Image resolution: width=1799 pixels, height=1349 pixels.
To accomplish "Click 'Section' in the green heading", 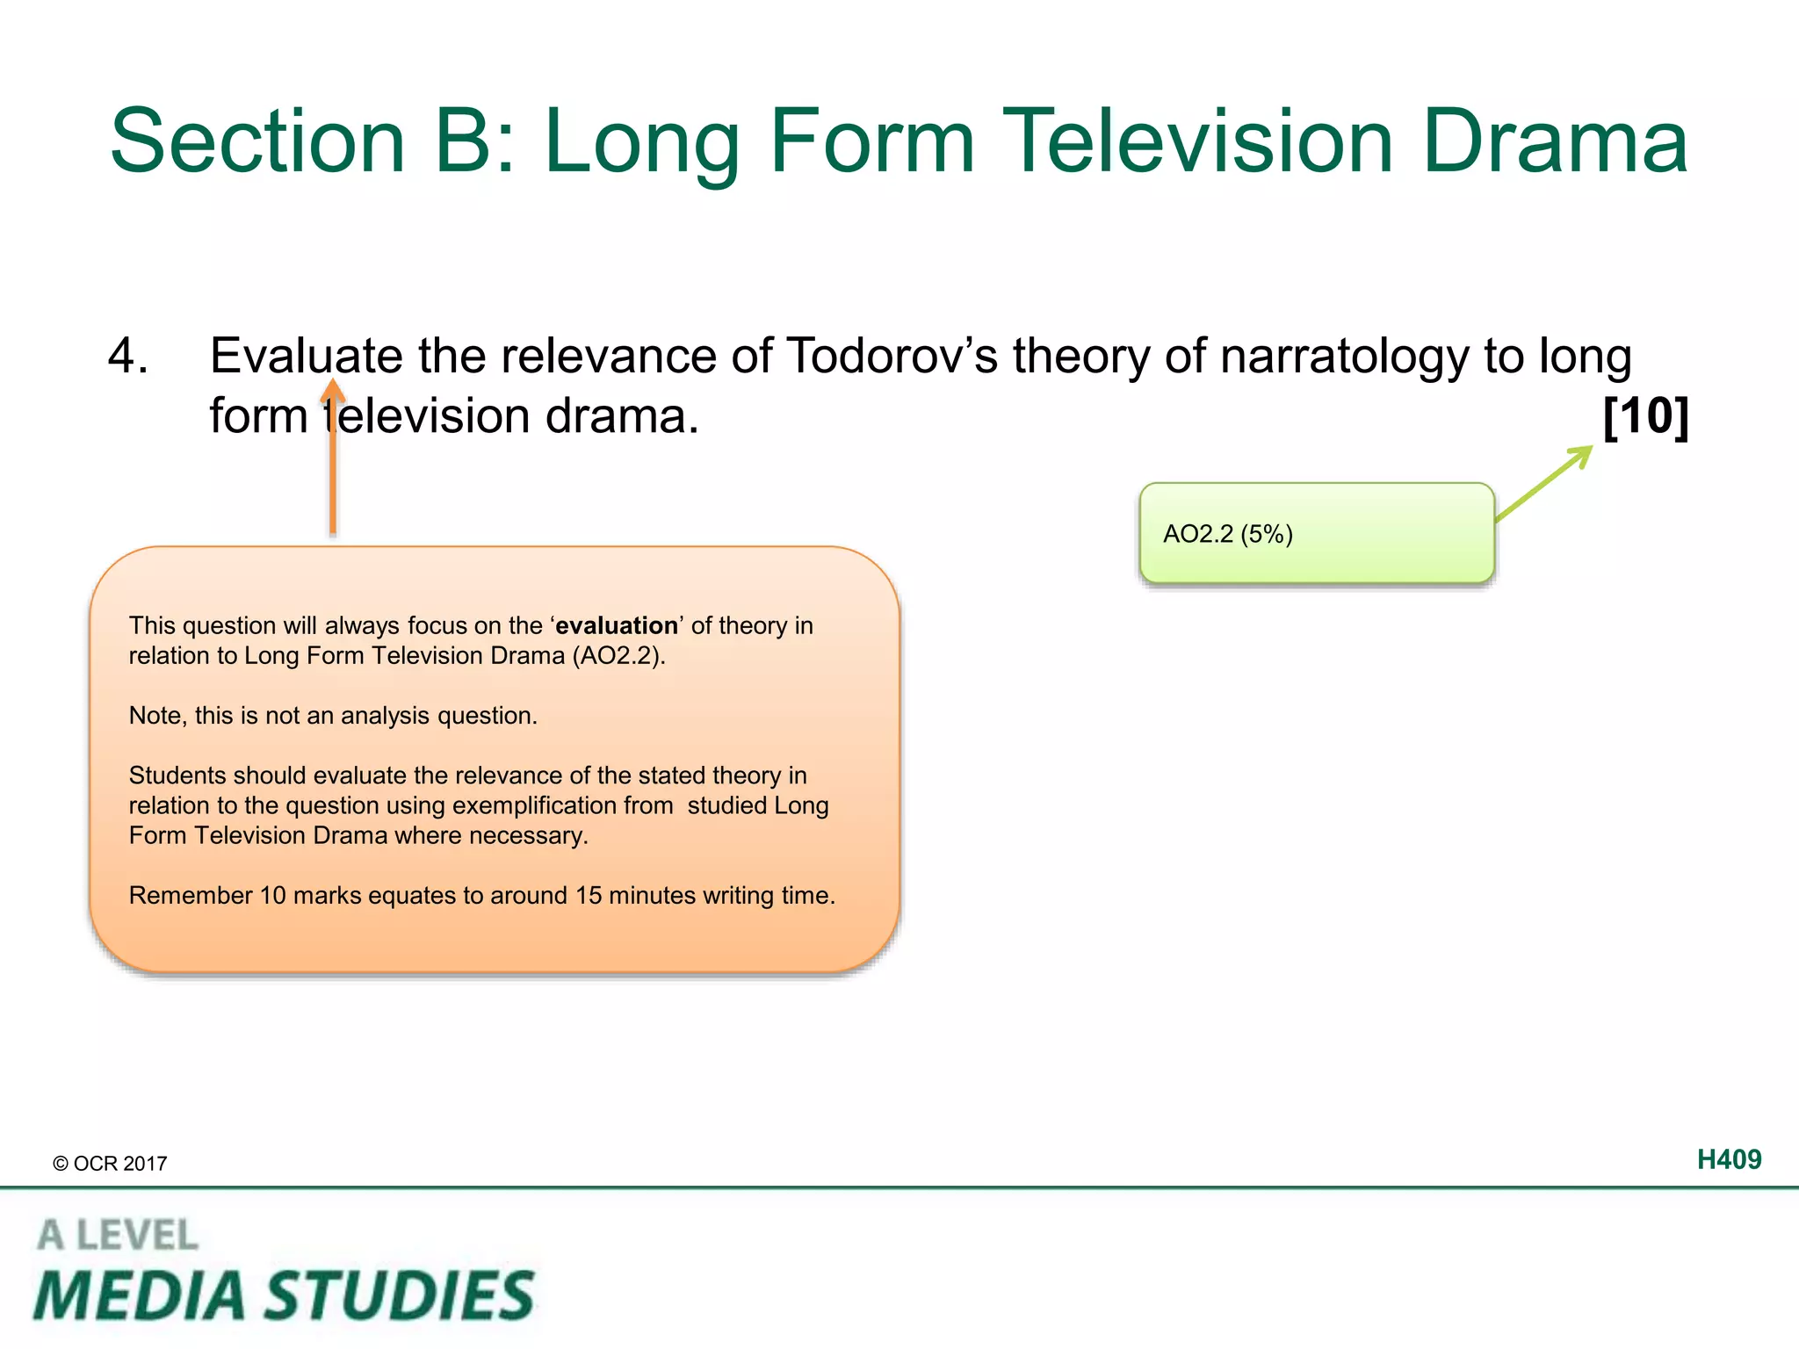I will point(257,142).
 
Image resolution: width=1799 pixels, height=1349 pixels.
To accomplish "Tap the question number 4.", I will point(127,357).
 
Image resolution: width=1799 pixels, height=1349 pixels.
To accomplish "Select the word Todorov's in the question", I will point(891,357).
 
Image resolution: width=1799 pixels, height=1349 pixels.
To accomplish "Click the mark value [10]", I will point(1645,416).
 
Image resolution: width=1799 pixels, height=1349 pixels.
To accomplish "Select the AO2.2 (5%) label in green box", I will point(1227,534).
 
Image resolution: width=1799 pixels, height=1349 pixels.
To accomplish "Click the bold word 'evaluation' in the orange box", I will point(617,625).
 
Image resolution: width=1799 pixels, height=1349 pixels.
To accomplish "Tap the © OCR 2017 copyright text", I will point(110,1164).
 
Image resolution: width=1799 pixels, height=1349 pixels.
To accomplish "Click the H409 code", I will point(1728,1160).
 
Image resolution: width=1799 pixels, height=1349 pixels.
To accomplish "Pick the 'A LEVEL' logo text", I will point(118,1236).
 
